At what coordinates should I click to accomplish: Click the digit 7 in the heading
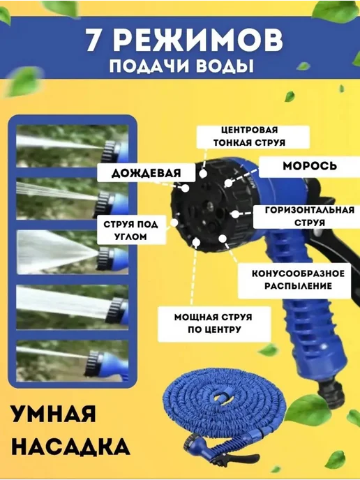[x=93, y=40]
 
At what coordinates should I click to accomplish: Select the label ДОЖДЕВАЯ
[x=146, y=173]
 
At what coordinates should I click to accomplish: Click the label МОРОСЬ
[x=310, y=166]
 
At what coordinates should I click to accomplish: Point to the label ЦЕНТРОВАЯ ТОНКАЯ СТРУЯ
[x=250, y=137]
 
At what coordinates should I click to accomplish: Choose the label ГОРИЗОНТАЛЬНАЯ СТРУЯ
[x=310, y=216]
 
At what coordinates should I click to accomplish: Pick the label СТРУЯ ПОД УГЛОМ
[x=130, y=230]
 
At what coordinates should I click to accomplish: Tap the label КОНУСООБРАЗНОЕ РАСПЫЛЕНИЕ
[x=298, y=280]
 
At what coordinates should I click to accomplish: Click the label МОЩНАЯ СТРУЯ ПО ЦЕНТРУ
[x=213, y=323]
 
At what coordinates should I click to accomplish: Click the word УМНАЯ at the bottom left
[x=54, y=414]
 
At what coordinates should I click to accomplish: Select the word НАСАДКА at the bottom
[x=70, y=447]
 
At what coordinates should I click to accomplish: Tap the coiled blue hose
[x=225, y=407]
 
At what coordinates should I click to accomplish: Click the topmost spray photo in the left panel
[x=73, y=146]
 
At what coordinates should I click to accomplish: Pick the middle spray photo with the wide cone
[x=73, y=252]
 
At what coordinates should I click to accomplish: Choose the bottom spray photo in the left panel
[x=73, y=361]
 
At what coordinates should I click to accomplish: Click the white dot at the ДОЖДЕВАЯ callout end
[x=185, y=188]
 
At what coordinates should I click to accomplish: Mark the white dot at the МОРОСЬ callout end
[x=228, y=183]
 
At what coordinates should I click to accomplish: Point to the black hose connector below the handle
[x=332, y=394]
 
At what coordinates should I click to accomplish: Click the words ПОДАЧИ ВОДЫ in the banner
[x=181, y=66]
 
